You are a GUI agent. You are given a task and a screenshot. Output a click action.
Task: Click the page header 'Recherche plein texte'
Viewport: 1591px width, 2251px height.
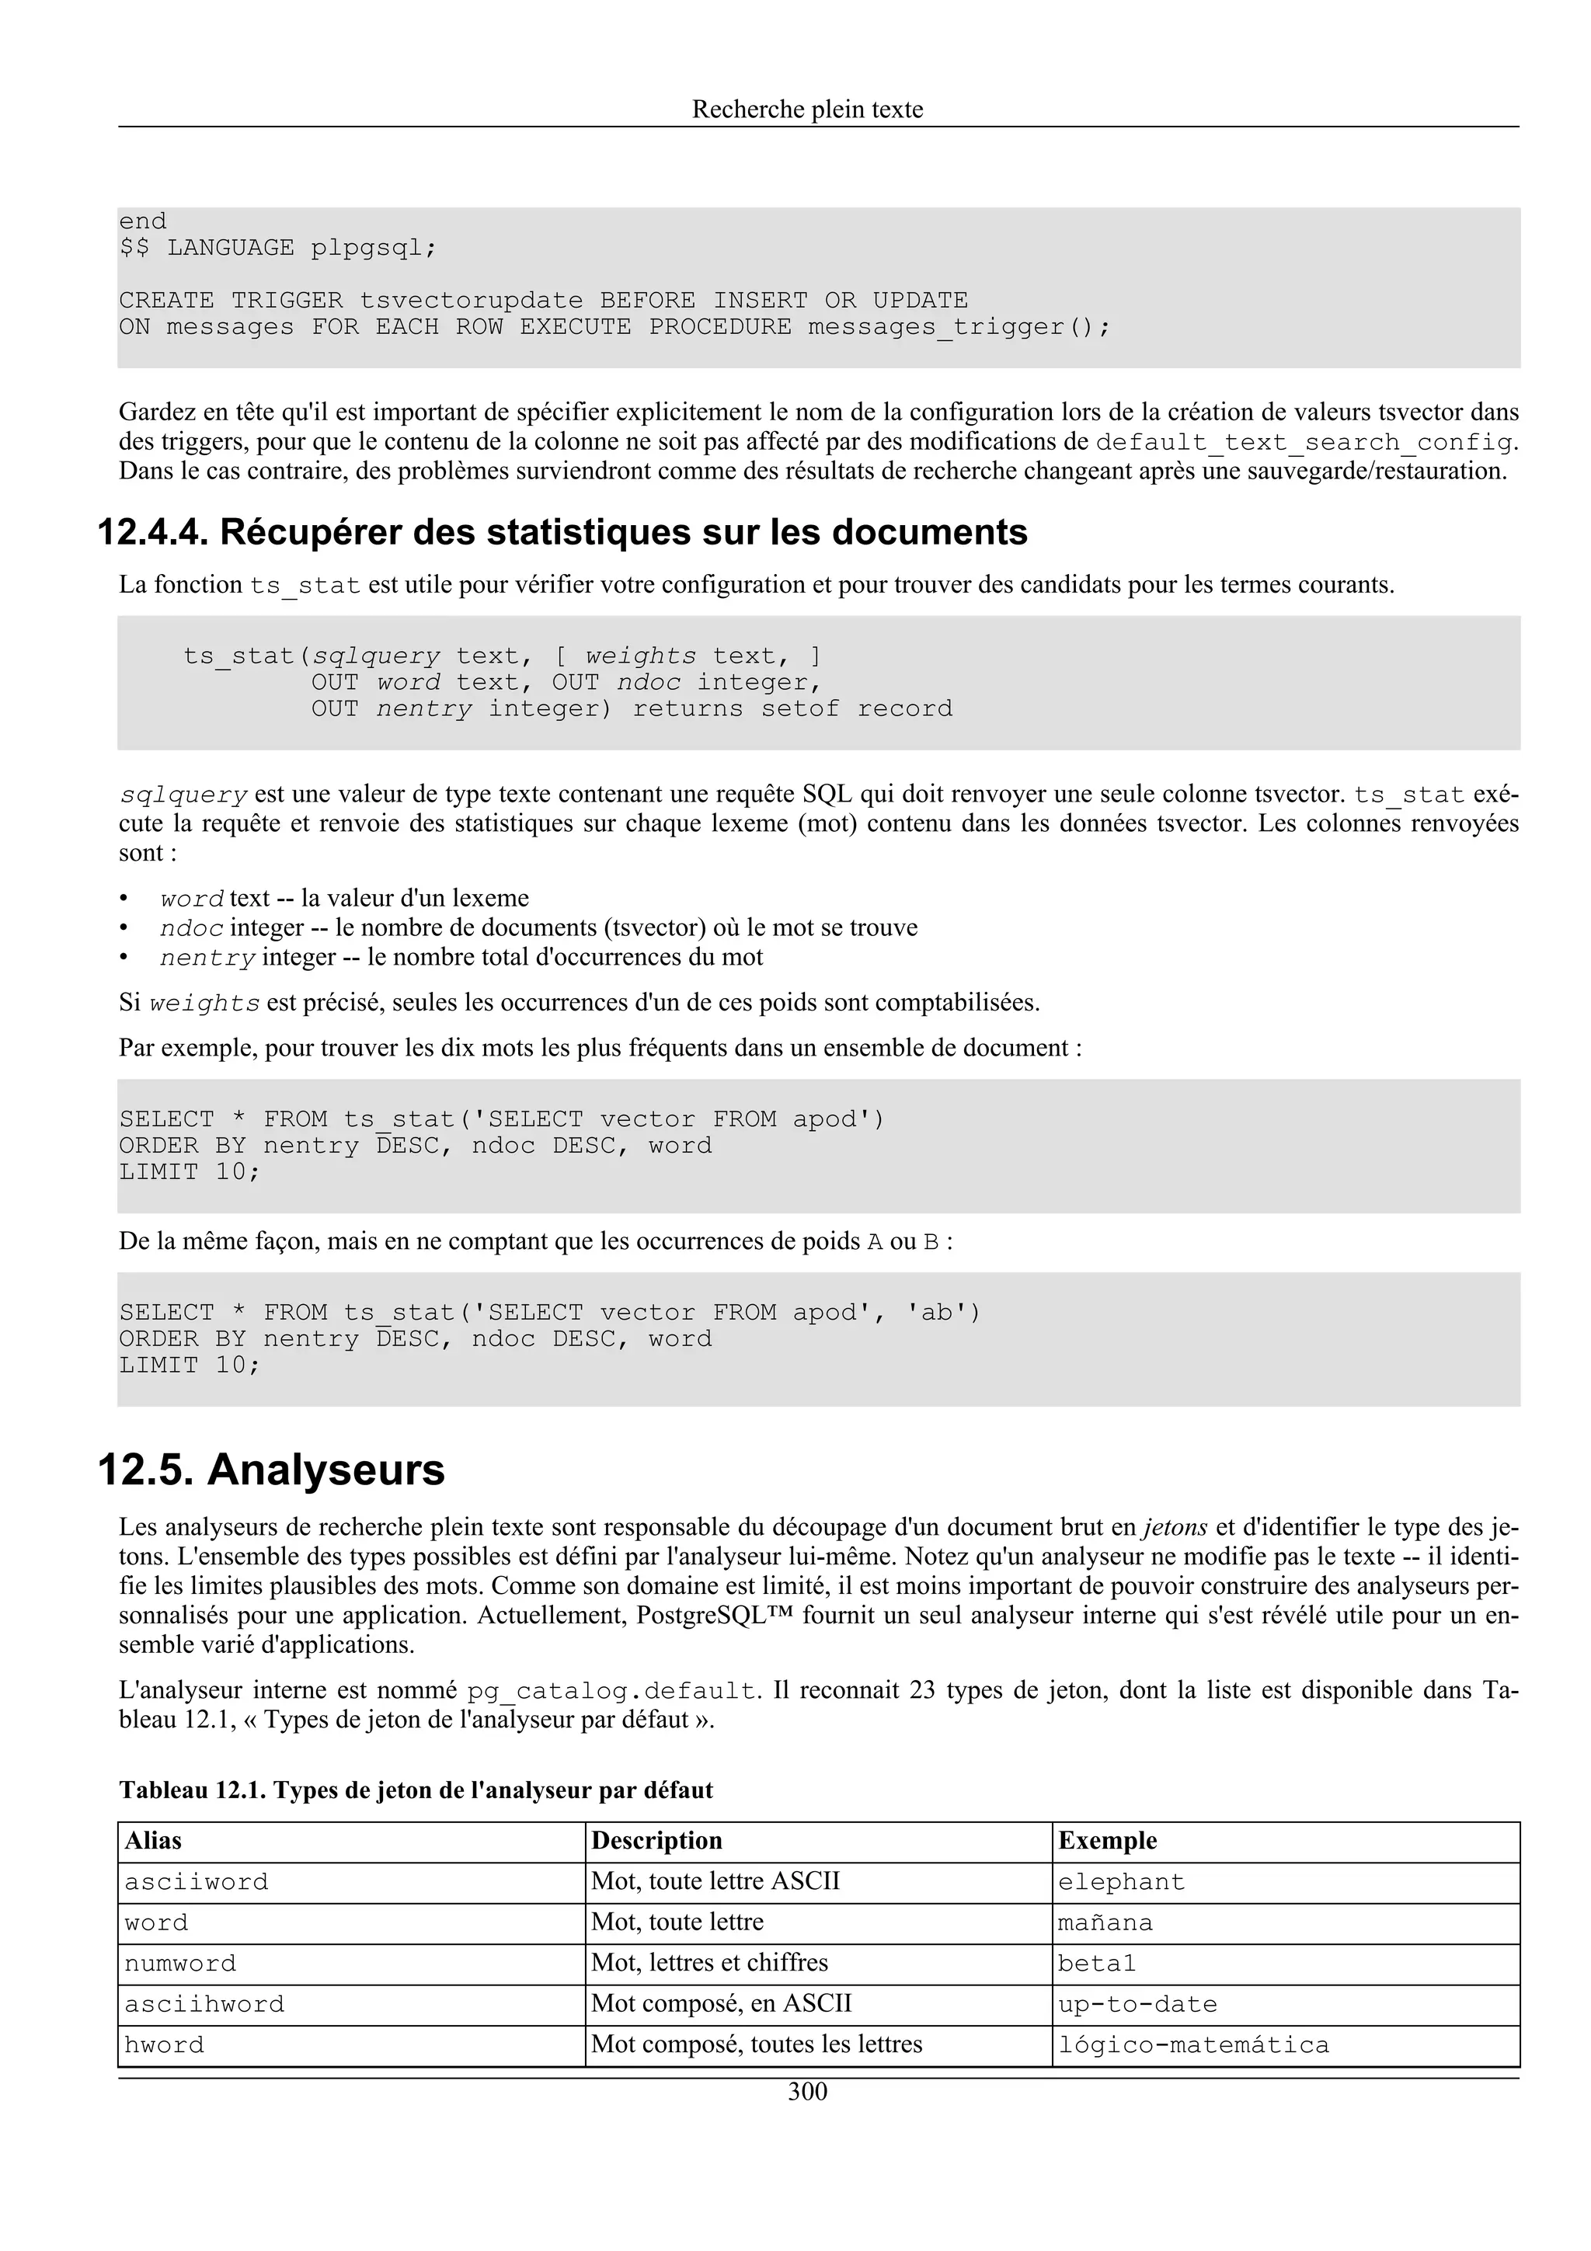(x=807, y=109)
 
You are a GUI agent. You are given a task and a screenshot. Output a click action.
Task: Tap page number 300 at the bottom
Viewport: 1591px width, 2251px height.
(x=807, y=2093)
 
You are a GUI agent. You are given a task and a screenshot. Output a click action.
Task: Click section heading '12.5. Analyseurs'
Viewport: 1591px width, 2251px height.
(x=272, y=1470)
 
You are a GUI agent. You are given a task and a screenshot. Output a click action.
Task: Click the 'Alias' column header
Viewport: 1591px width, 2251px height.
(x=153, y=1841)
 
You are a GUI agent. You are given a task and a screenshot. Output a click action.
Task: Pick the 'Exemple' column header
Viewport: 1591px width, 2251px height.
(x=1107, y=1841)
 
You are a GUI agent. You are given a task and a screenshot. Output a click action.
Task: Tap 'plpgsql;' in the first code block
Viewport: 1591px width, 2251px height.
(x=374, y=248)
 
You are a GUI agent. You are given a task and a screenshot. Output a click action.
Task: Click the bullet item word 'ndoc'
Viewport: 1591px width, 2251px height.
(x=192, y=928)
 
